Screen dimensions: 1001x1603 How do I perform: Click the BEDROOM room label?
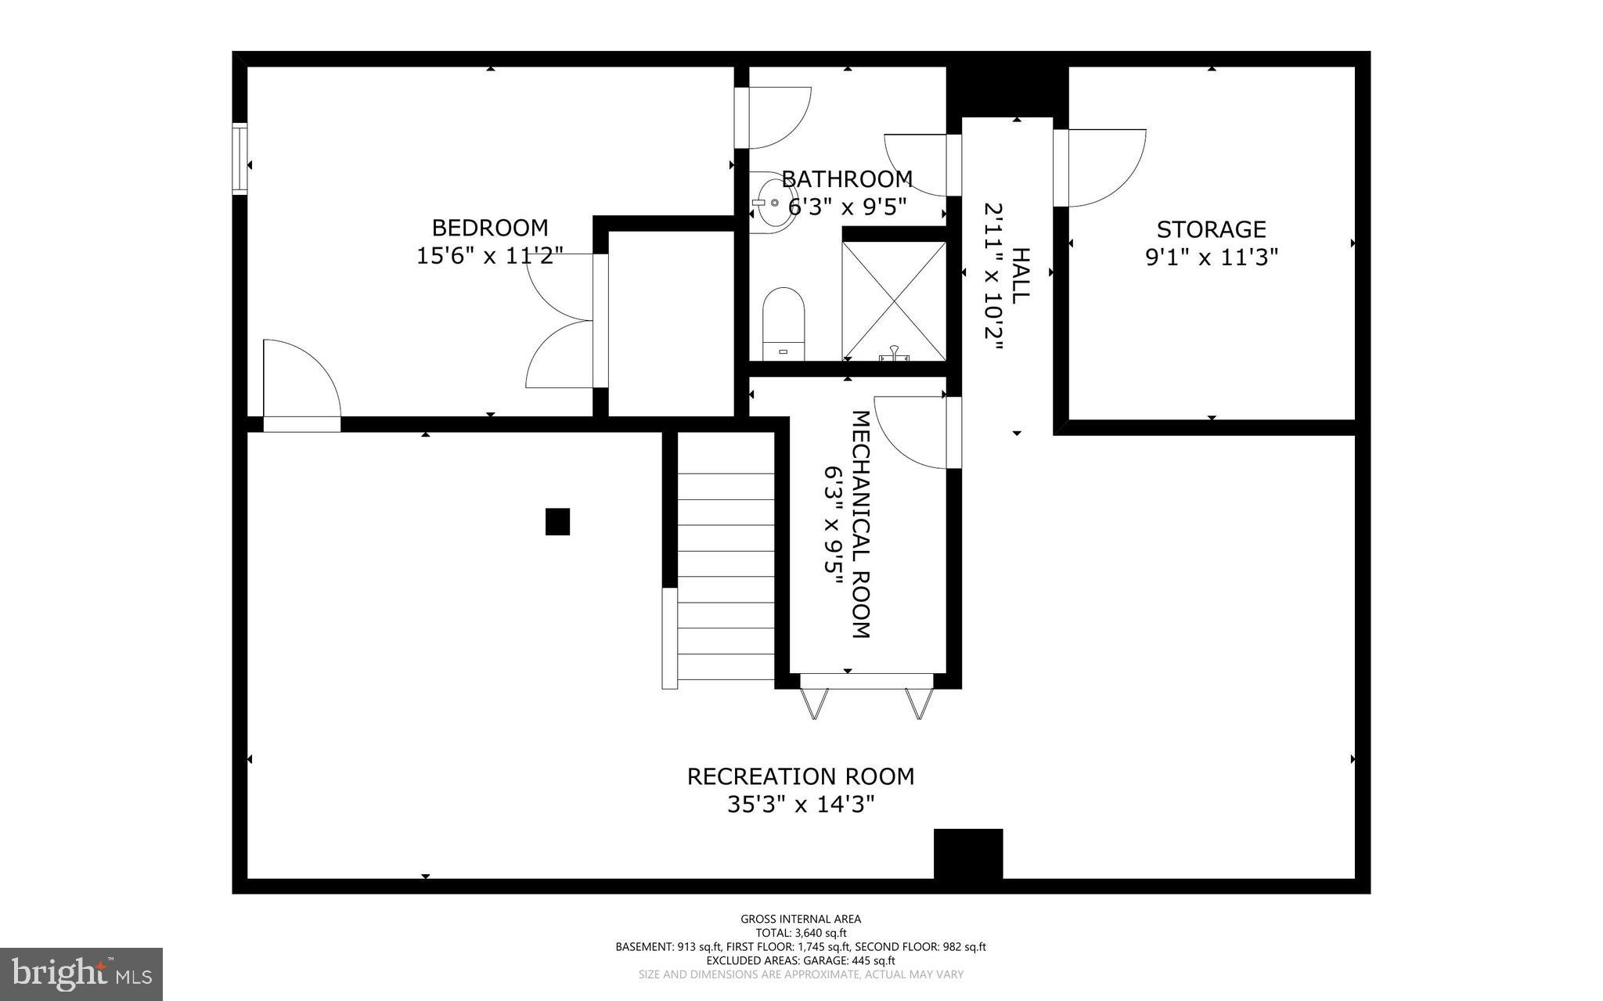tap(490, 228)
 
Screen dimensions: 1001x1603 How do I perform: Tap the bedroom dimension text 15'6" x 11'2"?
tap(490, 256)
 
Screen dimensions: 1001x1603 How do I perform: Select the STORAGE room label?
tap(1211, 229)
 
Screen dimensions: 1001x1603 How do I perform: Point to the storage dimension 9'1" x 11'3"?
tap(1211, 257)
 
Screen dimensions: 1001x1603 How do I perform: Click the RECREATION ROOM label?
tap(800, 776)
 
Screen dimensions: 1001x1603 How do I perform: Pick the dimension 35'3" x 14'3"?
tap(800, 805)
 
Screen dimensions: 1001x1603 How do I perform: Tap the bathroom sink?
tap(770, 203)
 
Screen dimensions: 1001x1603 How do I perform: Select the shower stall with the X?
tap(894, 301)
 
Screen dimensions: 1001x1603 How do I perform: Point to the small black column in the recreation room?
tap(557, 521)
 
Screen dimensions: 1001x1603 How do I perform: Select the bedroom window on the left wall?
tap(240, 157)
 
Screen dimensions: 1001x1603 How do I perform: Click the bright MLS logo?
tap(81, 974)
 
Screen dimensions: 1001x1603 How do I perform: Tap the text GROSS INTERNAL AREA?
tap(800, 919)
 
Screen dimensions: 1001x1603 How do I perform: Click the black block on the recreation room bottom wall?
tap(968, 853)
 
